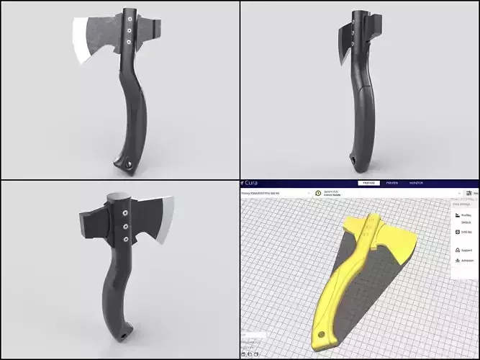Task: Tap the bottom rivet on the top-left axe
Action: coord(128,42)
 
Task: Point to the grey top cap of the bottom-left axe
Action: coord(118,198)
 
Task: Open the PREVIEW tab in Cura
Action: coord(391,184)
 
